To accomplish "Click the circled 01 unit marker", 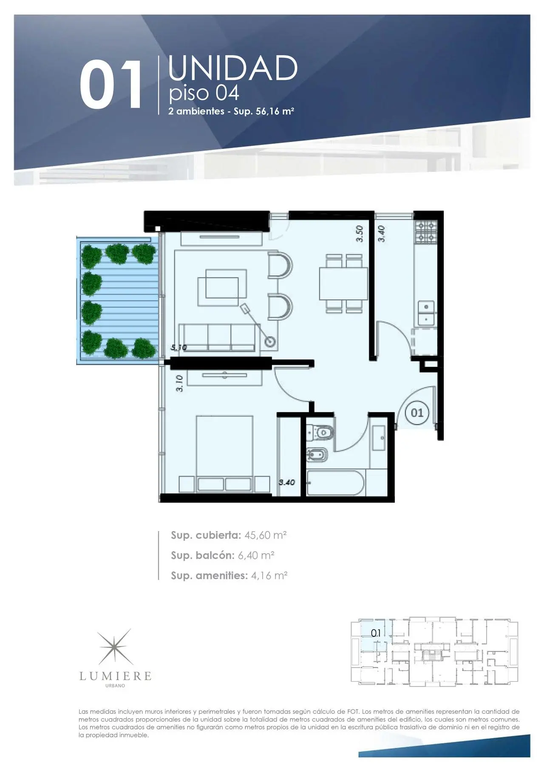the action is point(417,412).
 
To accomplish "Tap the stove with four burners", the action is point(426,232).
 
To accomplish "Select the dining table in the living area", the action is point(343,284).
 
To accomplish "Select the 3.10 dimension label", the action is point(179,383).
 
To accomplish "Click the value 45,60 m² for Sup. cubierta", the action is point(265,535).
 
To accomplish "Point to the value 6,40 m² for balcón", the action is point(256,555).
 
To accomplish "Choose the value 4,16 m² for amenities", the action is point(269,575).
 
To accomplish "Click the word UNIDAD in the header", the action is point(233,68).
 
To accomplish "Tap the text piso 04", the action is point(204,94).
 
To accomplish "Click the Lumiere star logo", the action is point(115,647).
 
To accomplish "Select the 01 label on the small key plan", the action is point(376,633).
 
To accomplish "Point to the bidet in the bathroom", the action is point(317,455).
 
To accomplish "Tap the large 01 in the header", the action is point(111,84).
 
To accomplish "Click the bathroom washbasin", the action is point(378,438).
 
